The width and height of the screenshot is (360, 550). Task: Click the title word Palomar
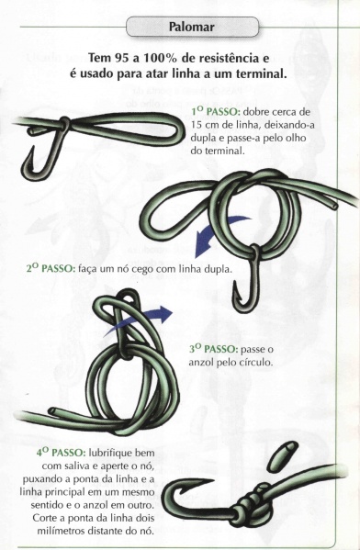tap(191, 27)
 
